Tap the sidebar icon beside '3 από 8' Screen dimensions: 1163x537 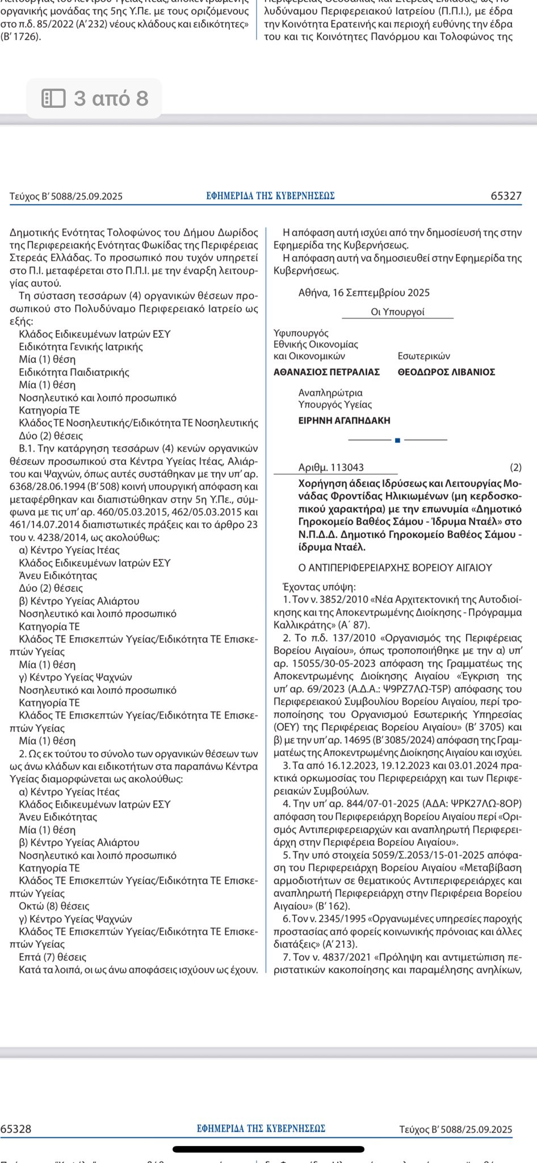click(x=54, y=98)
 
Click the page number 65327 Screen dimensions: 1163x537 click(x=506, y=196)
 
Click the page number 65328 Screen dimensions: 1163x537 click(x=16, y=1129)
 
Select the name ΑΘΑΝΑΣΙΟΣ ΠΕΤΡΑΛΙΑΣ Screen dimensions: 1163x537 click(x=326, y=372)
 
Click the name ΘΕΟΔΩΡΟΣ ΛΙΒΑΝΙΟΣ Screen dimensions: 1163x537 click(x=446, y=372)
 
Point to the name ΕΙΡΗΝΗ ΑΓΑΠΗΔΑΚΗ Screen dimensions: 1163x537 click(x=344, y=421)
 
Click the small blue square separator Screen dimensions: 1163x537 click(x=397, y=440)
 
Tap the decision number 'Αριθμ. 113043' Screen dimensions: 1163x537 click(x=331, y=467)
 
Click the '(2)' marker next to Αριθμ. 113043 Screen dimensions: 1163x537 click(x=515, y=467)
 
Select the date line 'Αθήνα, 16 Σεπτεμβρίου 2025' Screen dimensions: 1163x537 click(x=364, y=293)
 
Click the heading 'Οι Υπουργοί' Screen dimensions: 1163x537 click(x=397, y=312)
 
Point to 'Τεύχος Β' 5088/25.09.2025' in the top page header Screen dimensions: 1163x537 click(x=66, y=196)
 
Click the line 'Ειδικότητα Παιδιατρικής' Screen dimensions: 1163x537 click(x=74, y=373)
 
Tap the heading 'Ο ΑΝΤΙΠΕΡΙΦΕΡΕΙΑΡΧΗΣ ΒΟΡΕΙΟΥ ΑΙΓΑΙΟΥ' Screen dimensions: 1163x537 click(x=395, y=567)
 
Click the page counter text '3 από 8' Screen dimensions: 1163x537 click(x=111, y=98)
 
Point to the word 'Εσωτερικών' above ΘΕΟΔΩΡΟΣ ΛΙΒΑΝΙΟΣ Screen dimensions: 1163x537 click(x=423, y=356)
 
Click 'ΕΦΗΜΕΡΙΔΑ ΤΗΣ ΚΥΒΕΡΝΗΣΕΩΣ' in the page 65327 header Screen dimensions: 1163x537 click(x=270, y=196)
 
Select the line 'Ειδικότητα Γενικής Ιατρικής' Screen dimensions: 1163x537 click(x=81, y=347)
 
